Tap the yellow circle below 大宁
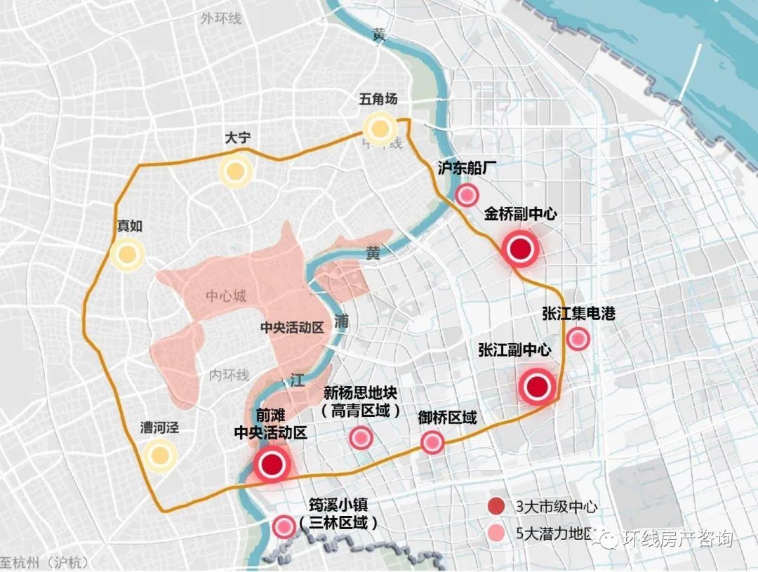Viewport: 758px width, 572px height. point(234,171)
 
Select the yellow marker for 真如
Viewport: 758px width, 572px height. point(127,255)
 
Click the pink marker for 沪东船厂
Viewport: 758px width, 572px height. point(467,195)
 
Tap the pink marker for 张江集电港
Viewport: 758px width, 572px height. point(578,339)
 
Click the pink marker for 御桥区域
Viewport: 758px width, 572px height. point(432,442)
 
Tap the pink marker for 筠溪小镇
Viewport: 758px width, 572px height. point(284,526)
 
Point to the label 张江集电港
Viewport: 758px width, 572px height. point(578,314)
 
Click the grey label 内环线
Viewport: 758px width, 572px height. point(230,375)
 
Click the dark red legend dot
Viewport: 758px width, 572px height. point(497,506)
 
